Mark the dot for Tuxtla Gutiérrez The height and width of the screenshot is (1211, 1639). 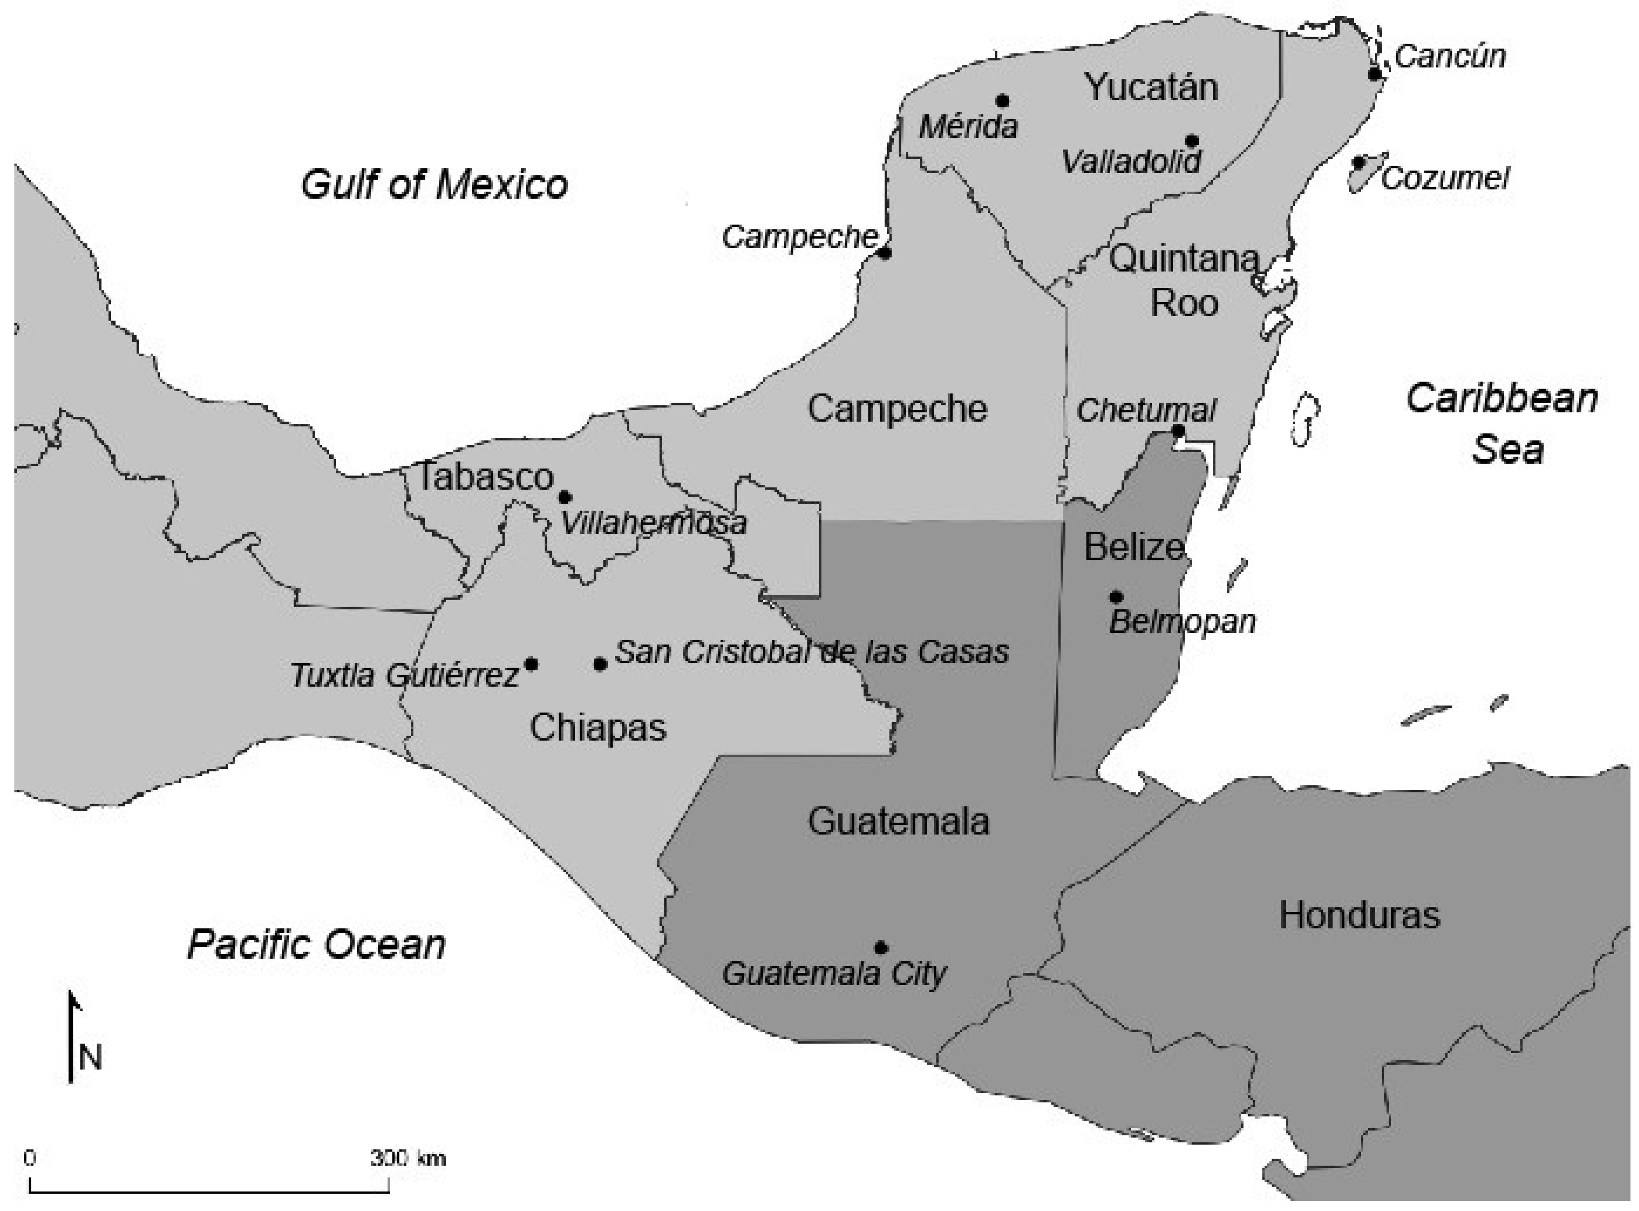click(x=531, y=664)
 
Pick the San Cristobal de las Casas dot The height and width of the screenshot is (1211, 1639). click(x=600, y=664)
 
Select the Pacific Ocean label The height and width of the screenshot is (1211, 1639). click(x=317, y=944)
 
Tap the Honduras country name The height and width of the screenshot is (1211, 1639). click(x=1360, y=915)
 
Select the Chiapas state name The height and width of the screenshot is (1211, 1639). click(x=598, y=728)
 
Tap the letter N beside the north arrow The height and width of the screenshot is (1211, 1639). click(x=91, y=1058)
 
